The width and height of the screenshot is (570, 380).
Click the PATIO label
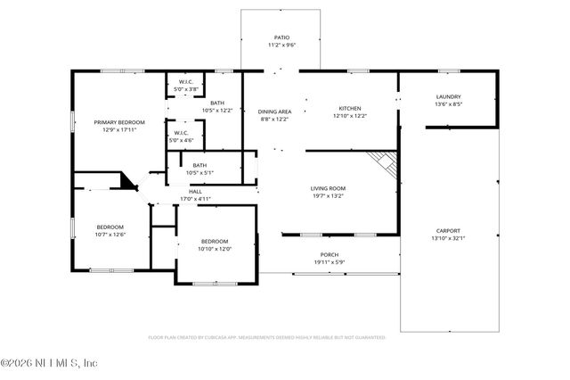pyautogui.click(x=281, y=37)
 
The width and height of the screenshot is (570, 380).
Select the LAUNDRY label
pyautogui.click(x=448, y=96)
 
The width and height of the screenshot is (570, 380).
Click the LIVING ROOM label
pyautogui.click(x=328, y=188)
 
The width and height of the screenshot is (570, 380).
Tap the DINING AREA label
pyautogui.click(x=275, y=112)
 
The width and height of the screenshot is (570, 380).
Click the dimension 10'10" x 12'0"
pyautogui.click(x=215, y=249)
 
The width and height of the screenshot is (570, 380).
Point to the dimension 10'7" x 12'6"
pyautogui.click(x=110, y=234)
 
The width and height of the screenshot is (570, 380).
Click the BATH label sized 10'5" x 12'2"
pyautogui.click(x=217, y=111)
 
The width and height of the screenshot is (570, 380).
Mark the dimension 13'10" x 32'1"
pyautogui.click(x=448, y=237)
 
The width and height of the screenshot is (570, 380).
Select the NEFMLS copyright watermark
pyautogui.click(x=49, y=363)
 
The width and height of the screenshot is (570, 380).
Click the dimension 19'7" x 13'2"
pyautogui.click(x=328, y=196)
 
